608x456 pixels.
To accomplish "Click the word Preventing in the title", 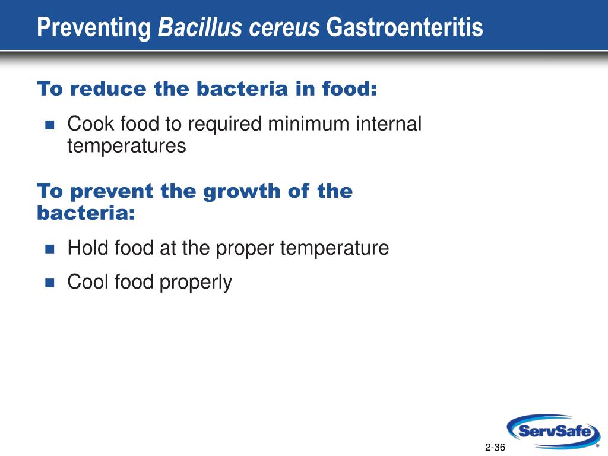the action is (94, 28).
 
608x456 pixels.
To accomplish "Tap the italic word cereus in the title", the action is (284, 30).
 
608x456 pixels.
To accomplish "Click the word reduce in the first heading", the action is (109, 88).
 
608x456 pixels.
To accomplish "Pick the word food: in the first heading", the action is (349, 88).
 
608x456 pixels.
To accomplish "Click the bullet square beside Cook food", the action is (50, 125).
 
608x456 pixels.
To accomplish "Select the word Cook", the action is (91, 123).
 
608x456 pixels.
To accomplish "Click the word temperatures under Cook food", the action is (126, 147).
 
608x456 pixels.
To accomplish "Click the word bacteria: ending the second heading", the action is (86, 213).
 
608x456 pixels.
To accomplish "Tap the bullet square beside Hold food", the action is (50, 249).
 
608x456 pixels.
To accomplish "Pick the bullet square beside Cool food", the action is (50, 283).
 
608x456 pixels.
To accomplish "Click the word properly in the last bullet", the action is (196, 283).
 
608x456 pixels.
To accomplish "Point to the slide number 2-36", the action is (495, 447).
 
